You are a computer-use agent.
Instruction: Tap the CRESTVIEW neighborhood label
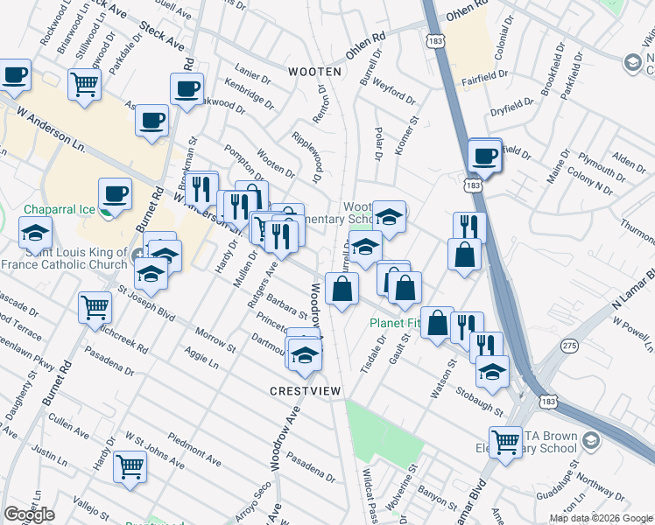click(x=304, y=390)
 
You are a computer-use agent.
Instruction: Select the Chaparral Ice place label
click(x=57, y=210)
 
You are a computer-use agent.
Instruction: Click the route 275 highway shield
click(x=570, y=346)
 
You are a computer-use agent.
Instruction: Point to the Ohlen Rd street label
click(x=365, y=46)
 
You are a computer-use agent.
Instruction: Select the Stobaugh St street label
click(x=479, y=399)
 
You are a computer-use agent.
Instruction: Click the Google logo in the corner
click(x=29, y=514)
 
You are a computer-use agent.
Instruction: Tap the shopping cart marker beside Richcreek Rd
click(x=95, y=308)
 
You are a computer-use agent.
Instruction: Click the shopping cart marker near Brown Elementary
click(x=504, y=442)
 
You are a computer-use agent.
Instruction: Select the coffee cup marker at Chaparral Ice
click(x=115, y=194)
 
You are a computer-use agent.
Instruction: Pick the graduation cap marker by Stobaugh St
click(x=492, y=371)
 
